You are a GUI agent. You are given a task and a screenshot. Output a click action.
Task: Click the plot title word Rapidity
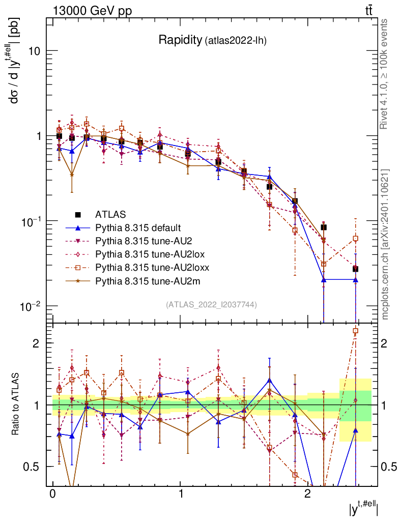tap(180, 40)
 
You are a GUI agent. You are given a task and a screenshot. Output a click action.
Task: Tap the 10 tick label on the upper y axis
tap(35, 51)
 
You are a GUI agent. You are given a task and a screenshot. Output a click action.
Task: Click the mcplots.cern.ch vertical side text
tap(386, 244)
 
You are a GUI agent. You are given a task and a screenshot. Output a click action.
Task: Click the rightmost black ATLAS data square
tap(355, 269)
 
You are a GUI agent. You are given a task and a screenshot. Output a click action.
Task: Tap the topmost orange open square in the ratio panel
tap(355, 331)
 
